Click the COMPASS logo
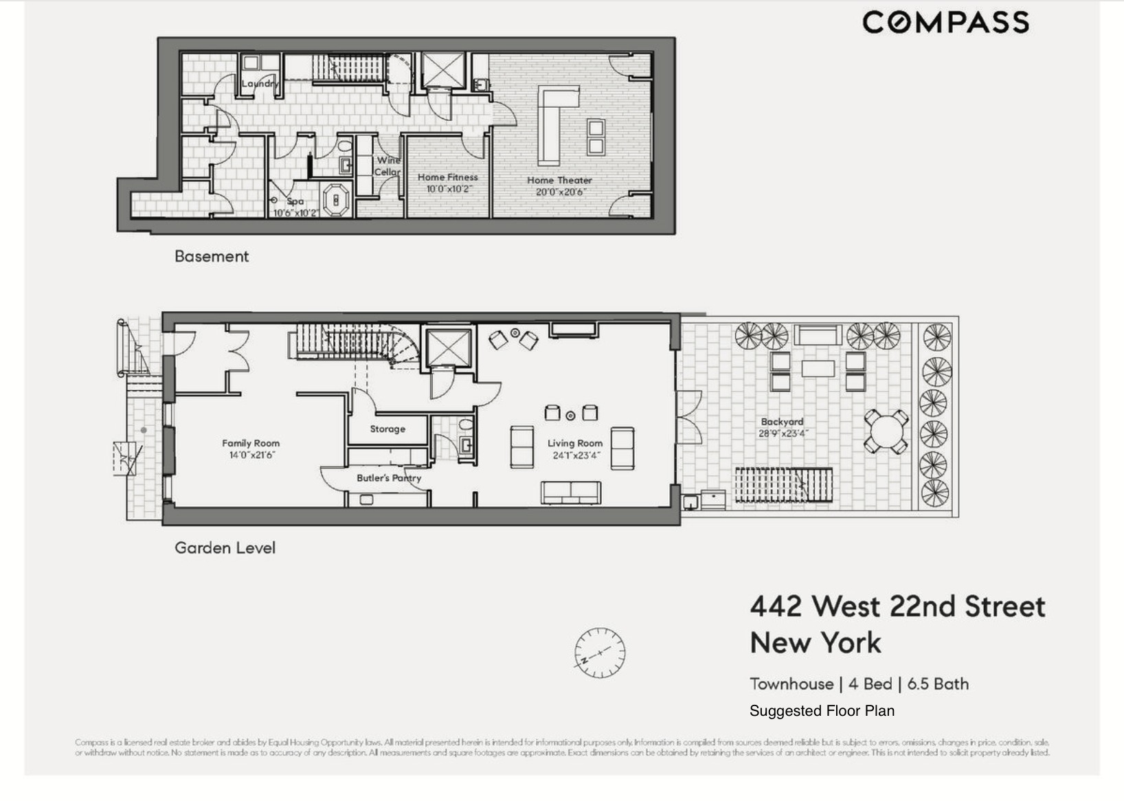pyautogui.click(x=945, y=22)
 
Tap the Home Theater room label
pyautogui.click(x=559, y=180)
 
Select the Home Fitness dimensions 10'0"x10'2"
pyautogui.click(x=447, y=189)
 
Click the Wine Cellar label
pyautogui.click(x=387, y=166)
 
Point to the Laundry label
pyautogui.click(x=260, y=84)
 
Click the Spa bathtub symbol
pyautogui.click(x=336, y=200)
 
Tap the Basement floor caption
pyautogui.click(x=212, y=256)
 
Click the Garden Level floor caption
pyautogui.click(x=225, y=548)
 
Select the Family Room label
pyautogui.click(x=251, y=443)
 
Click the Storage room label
pyautogui.click(x=387, y=429)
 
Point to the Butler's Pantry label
pyautogui.click(x=389, y=477)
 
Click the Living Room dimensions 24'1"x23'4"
pyautogui.click(x=575, y=455)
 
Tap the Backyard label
pyautogui.click(x=782, y=422)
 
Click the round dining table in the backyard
pyautogui.click(x=886, y=431)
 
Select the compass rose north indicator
pyautogui.click(x=600, y=652)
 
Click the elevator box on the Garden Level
pyautogui.click(x=449, y=348)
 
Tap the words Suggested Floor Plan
pyautogui.click(x=822, y=711)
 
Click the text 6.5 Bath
pyautogui.click(x=938, y=684)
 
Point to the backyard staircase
pyautogui.click(x=783, y=485)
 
